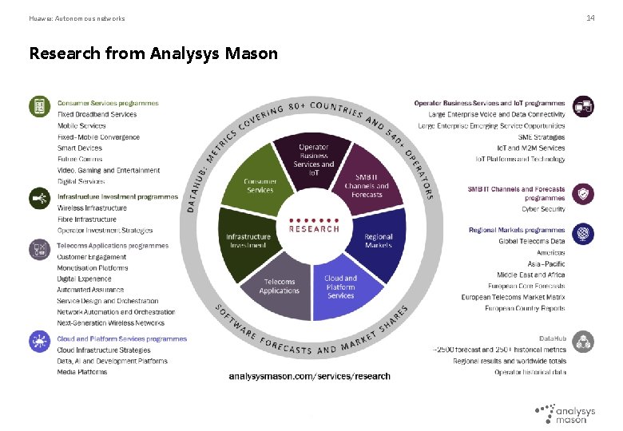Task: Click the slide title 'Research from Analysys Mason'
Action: pyautogui.click(x=153, y=53)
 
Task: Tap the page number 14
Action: pyautogui.click(x=590, y=18)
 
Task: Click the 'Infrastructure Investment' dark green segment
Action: pyautogui.click(x=248, y=240)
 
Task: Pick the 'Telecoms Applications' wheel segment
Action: pyautogui.click(x=279, y=286)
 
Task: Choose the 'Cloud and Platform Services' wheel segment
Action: pyautogui.click(x=340, y=287)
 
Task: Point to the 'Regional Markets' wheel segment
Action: pyautogui.click(x=378, y=240)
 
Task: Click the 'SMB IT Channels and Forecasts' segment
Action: pyautogui.click(x=367, y=185)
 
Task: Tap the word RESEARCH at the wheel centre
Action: pyautogui.click(x=314, y=228)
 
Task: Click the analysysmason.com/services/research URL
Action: pyautogui.click(x=310, y=376)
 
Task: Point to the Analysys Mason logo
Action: pyautogui.click(x=565, y=413)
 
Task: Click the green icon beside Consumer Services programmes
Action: pyautogui.click(x=39, y=105)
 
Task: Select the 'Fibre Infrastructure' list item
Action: pyautogui.click(x=86, y=219)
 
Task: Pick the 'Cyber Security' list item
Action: pyautogui.click(x=543, y=209)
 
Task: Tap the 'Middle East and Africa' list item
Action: pyautogui.click(x=530, y=275)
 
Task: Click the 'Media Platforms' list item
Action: pyautogui.click(x=81, y=372)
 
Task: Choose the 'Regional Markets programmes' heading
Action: pyautogui.click(x=516, y=230)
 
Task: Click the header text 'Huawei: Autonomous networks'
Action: pyautogui.click(x=77, y=18)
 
